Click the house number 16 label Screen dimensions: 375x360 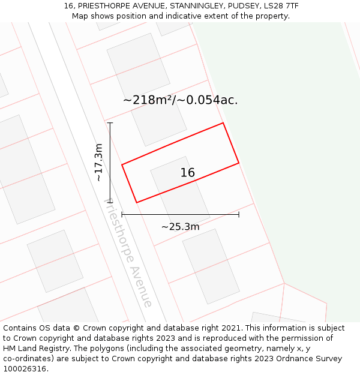[x=187, y=173]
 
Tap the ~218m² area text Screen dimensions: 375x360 [x=148, y=100]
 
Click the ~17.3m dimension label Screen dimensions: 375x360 [x=99, y=163]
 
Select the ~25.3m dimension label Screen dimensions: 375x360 [x=180, y=227]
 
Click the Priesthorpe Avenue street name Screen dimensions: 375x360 [x=128, y=253]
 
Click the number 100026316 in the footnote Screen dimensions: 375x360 [x=26, y=369]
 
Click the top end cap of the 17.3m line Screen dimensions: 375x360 [x=110, y=123]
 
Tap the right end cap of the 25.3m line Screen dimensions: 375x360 [x=239, y=214]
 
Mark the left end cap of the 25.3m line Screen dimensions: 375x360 [x=122, y=214]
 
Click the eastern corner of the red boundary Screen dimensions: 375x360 [x=239, y=163]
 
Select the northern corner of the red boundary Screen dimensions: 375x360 [x=223, y=123]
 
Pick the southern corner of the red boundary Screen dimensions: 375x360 [x=137, y=203]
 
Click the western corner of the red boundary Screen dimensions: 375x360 [x=122, y=164]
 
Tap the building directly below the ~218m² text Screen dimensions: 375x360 [x=159, y=124]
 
